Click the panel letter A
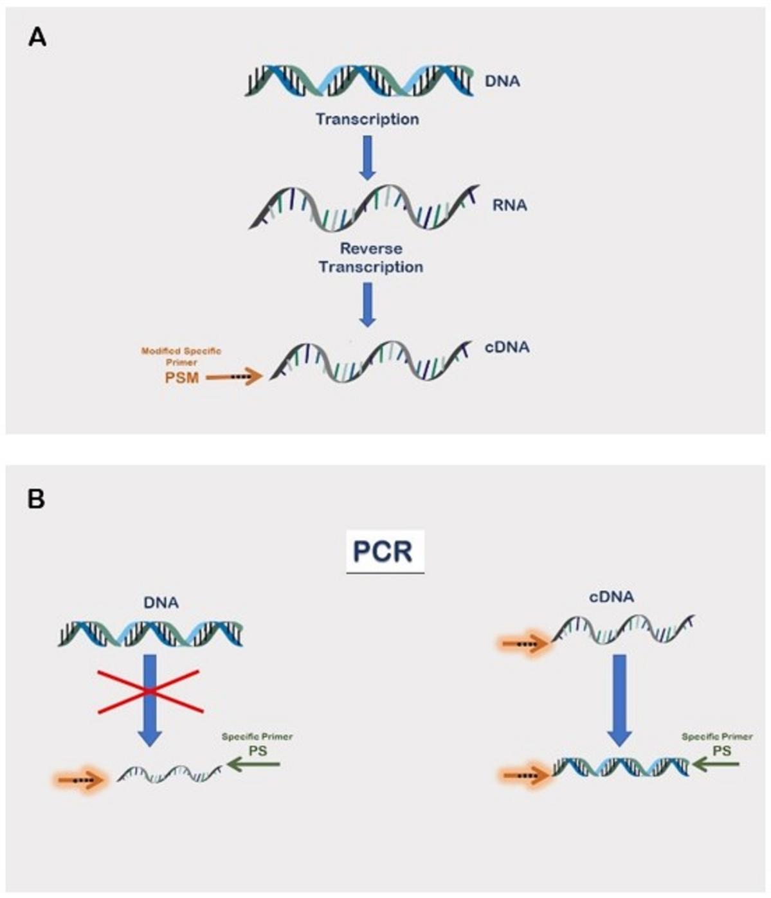[x=37, y=38]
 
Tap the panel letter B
[x=36, y=499]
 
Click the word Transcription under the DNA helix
[x=367, y=119]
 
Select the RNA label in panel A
[x=510, y=205]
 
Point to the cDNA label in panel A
[x=507, y=347]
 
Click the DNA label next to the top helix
[x=502, y=82]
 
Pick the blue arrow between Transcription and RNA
[x=367, y=156]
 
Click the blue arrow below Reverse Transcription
[x=367, y=304]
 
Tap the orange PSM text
[x=181, y=378]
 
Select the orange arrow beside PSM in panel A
[x=235, y=377]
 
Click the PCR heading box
[x=385, y=551]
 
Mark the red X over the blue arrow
[x=150, y=691]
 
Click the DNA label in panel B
[x=161, y=603]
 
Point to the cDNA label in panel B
[x=611, y=597]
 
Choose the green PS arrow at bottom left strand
[x=254, y=764]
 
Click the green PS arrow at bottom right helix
[x=716, y=764]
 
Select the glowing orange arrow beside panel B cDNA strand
[x=524, y=643]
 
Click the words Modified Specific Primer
[x=181, y=356]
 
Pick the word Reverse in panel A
[x=371, y=248]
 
